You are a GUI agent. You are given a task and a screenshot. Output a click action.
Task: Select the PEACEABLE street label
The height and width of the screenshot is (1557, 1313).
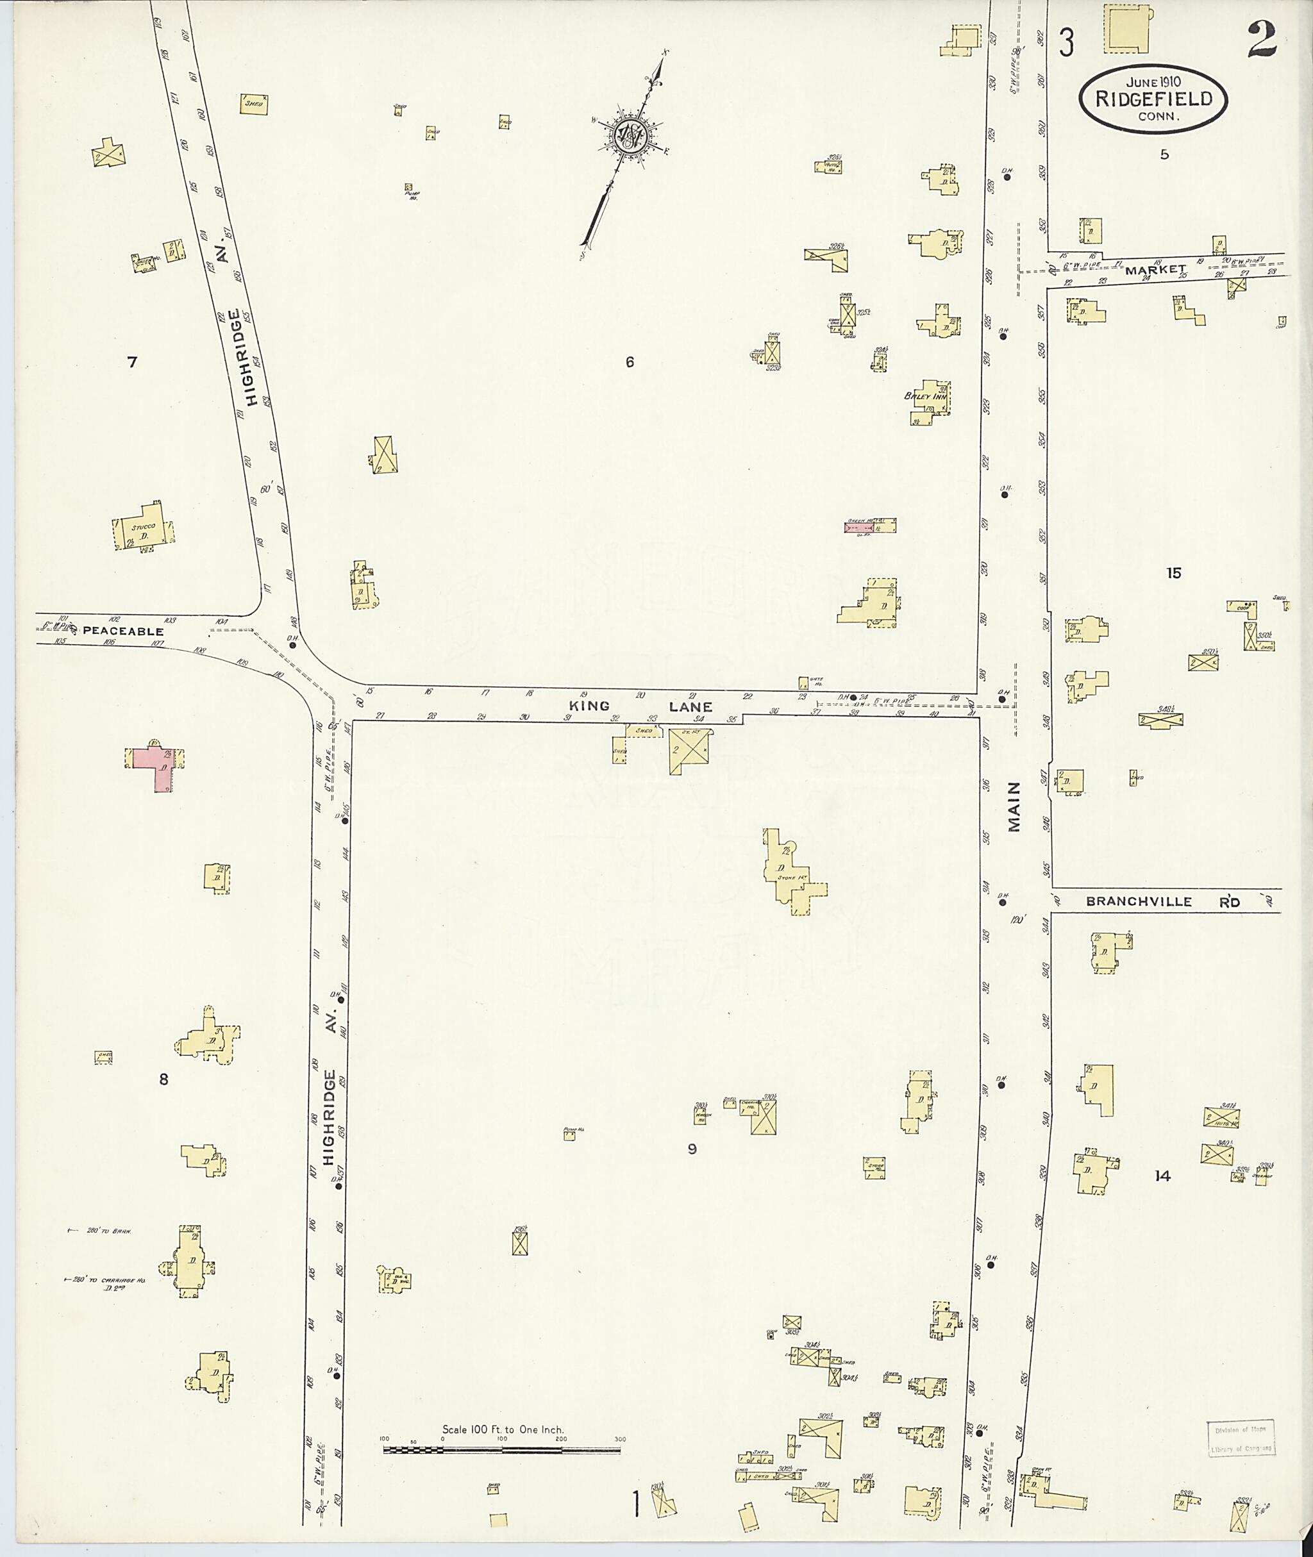[x=123, y=631]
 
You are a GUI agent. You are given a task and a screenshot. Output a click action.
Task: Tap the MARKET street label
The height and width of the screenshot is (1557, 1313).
[x=1155, y=269]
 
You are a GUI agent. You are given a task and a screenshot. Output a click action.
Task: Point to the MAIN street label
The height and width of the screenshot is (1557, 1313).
[x=1014, y=806]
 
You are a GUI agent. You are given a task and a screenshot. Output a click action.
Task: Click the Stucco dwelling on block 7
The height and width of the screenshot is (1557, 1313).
[x=144, y=531]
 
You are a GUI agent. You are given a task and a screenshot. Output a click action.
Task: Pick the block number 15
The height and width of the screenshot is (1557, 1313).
[x=1174, y=573]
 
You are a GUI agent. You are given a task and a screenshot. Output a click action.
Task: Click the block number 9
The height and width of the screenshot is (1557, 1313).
[x=692, y=1149]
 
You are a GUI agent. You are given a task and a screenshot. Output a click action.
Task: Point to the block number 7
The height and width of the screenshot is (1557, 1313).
[x=133, y=362]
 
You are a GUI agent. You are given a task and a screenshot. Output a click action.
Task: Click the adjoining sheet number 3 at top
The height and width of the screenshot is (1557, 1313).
[x=1067, y=43]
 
